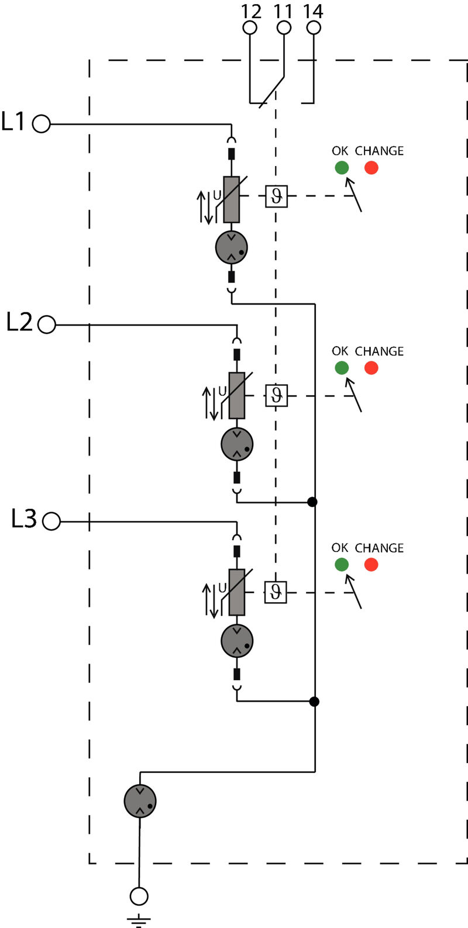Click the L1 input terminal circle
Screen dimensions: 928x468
41,124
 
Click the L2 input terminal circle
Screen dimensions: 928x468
47,324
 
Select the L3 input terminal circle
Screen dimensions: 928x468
51,521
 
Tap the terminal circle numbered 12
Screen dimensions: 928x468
250,27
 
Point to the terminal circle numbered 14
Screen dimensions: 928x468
314,27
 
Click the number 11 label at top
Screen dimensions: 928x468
283,11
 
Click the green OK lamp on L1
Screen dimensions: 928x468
342,168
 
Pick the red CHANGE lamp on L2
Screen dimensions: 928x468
371,368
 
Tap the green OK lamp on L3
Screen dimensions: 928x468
342,564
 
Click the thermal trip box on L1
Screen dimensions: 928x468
276,196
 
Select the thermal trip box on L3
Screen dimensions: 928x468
276,592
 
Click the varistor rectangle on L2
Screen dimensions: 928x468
237,395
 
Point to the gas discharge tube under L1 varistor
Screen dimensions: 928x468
231,247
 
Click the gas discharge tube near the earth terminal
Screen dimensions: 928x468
140,801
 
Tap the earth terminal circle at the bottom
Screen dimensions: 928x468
139,895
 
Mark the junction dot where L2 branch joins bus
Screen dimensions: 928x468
312,502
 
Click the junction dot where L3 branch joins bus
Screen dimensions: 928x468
314,701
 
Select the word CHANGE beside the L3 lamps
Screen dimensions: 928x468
379,548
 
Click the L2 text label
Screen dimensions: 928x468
20,322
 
